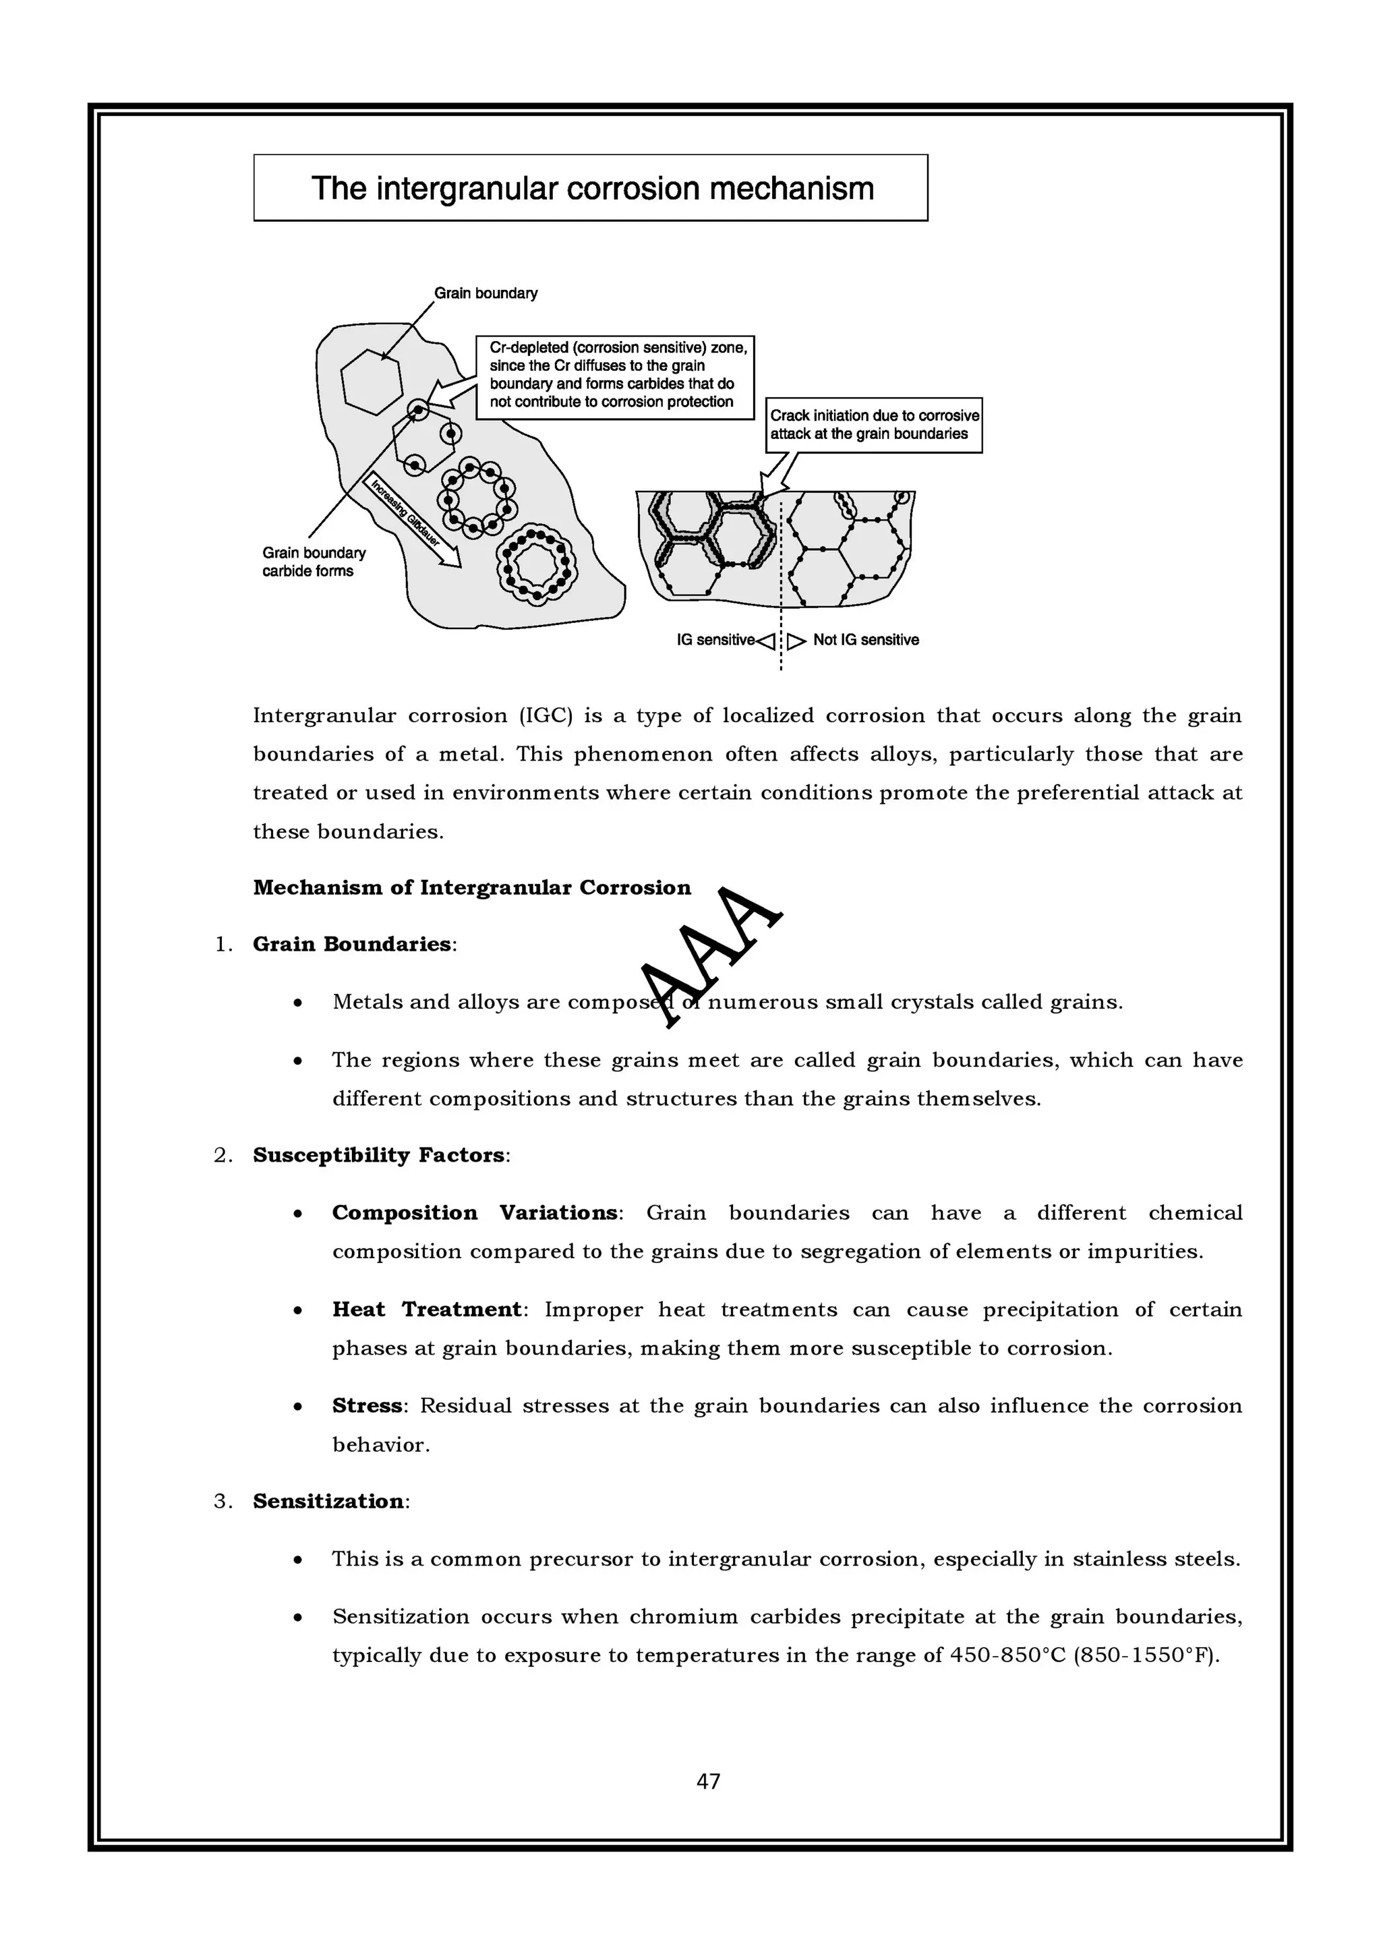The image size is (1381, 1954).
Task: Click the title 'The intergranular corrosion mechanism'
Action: click(591, 188)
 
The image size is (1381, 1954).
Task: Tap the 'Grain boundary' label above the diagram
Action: click(486, 293)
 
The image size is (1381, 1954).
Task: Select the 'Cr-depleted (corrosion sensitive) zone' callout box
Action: click(614, 376)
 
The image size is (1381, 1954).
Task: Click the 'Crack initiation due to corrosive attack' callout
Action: click(874, 425)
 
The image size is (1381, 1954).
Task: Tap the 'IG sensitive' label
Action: click(715, 640)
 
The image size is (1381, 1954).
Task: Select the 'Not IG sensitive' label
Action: click(865, 640)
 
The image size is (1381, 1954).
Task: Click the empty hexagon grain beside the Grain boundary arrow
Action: click(371, 381)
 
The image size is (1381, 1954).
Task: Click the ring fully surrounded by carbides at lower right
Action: click(536, 565)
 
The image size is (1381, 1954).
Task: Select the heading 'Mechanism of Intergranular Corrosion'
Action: click(471, 887)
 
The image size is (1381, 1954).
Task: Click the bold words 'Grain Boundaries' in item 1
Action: click(351, 944)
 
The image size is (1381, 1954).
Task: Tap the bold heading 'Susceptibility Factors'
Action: click(379, 1155)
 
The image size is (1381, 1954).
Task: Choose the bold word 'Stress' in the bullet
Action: click(367, 1405)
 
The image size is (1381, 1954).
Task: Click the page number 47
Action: click(708, 1781)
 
